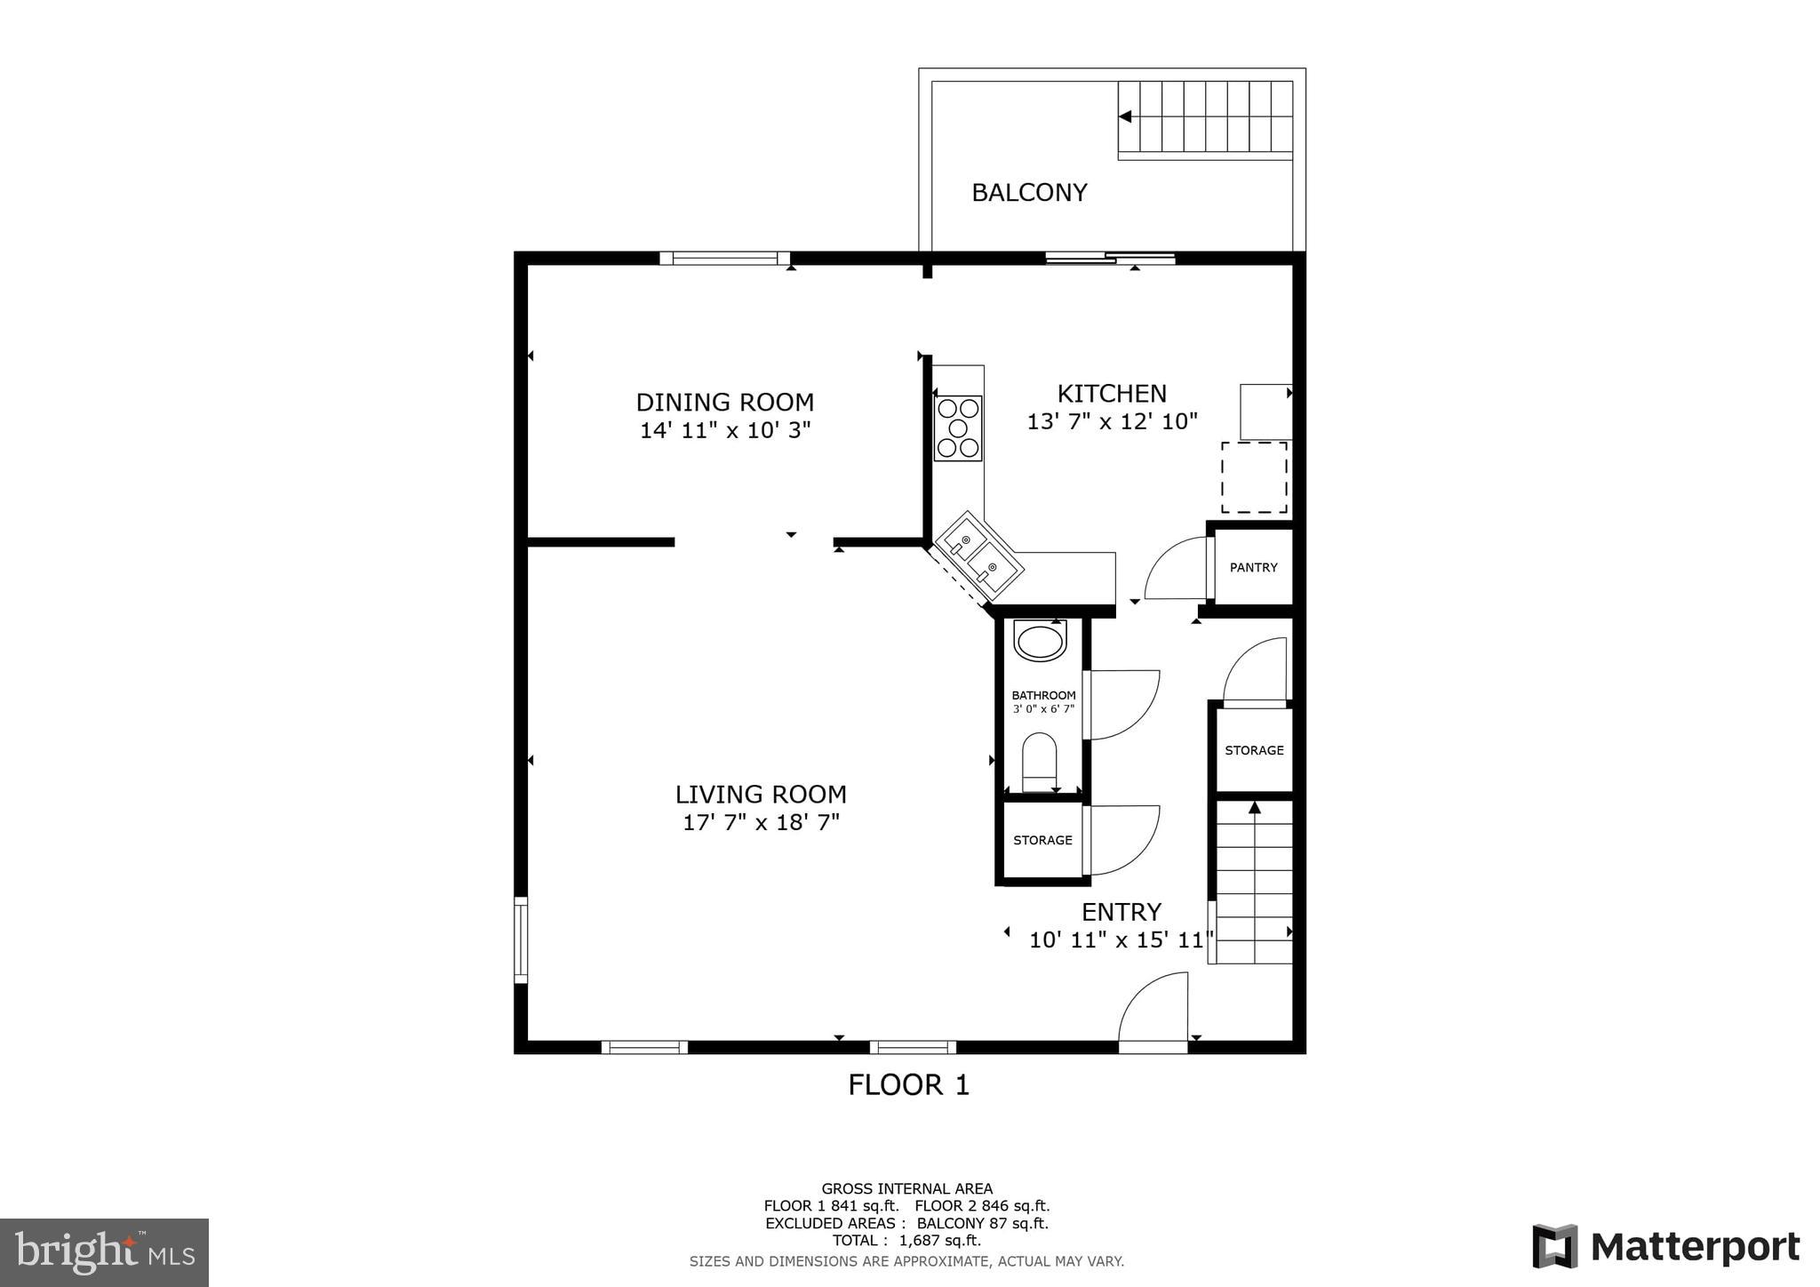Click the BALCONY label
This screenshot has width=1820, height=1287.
1029,192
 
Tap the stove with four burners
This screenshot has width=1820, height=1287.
958,428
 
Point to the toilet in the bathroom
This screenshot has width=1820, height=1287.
1039,761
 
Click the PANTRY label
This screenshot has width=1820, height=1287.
1253,567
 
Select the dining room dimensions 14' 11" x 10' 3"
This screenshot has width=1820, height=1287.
725,431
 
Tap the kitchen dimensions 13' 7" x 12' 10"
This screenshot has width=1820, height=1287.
1112,421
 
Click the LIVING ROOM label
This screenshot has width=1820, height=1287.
761,794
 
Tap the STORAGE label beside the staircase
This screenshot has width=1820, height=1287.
1254,750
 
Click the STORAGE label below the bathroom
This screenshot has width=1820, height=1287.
1042,840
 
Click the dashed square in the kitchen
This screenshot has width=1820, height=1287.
1254,477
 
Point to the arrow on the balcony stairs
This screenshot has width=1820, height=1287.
1125,116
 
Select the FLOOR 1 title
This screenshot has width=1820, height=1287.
908,1084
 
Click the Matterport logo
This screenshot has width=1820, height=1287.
1666,1247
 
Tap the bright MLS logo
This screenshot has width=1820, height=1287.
104,1252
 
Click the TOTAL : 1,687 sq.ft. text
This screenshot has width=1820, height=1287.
906,1240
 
